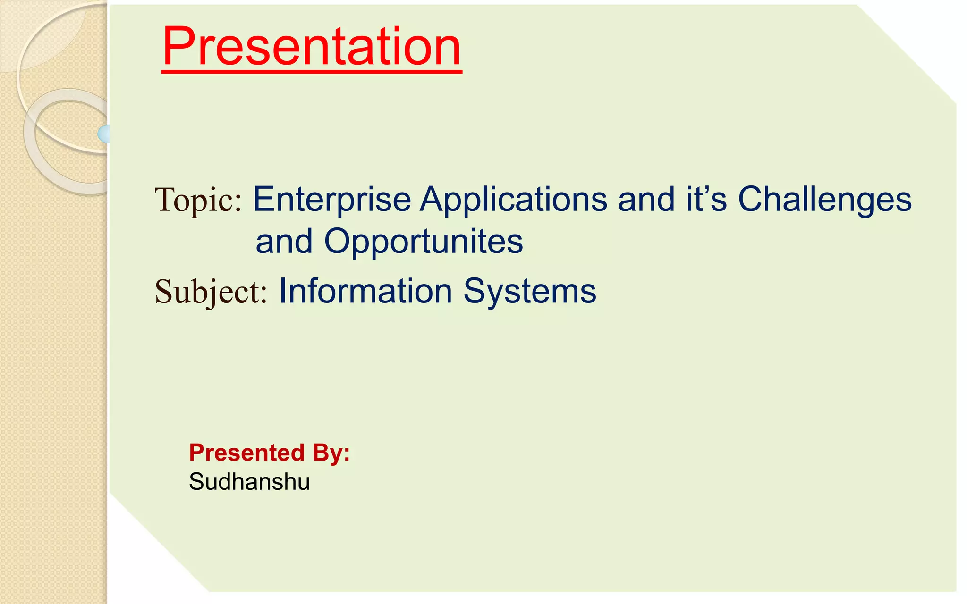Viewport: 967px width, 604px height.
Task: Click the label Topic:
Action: (x=198, y=200)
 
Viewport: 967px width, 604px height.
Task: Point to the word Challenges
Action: (x=824, y=199)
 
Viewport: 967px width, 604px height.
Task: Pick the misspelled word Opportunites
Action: (x=423, y=242)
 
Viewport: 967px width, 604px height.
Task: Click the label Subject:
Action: (x=211, y=292)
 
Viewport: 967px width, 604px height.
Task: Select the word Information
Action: (x=365, y=291)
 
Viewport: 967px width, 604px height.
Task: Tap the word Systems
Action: (x=530, y=291)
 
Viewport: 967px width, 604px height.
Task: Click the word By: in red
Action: (x=331, y=453)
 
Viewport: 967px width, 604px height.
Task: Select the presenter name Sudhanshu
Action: (x=249, y=482)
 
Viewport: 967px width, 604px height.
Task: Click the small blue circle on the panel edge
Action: (x=104, y=134)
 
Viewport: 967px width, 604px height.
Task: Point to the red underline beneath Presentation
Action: (x=312, y=71)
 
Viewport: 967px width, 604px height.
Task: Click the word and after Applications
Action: (x=646, y=199)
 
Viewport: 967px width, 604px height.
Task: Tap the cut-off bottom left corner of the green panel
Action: (x=158, y=543)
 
